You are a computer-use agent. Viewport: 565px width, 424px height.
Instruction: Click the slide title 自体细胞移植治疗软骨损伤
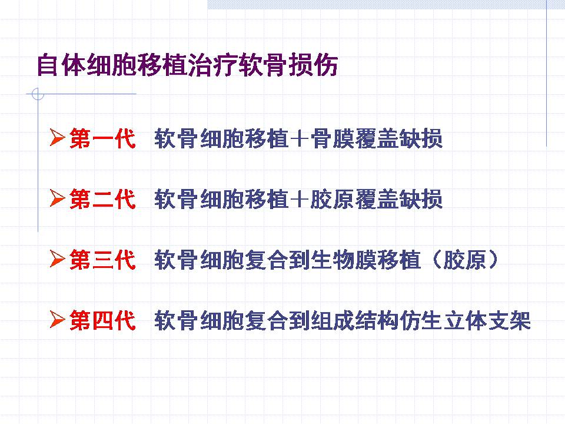pos(187,65)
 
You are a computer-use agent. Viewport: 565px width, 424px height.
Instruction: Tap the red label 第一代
pos(102,138)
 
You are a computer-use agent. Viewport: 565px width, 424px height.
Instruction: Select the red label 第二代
pos(102,199)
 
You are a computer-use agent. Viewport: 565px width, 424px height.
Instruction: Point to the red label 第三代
pos(102,260)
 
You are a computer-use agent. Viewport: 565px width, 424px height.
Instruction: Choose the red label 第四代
pos(102,320)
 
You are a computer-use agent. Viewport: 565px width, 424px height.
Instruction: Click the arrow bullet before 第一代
pos(57,137)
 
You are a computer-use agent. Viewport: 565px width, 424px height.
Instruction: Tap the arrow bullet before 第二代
pos(57,198)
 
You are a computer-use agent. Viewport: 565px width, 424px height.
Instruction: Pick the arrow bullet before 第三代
pos(57,259)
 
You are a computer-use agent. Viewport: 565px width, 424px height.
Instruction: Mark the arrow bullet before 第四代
pos(57,319)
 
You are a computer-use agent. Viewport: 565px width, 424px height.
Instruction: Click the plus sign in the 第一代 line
pos(299,138)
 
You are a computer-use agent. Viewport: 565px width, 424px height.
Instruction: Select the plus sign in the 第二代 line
pos(299,199)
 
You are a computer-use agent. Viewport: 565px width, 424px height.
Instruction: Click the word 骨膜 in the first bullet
pos(332,138)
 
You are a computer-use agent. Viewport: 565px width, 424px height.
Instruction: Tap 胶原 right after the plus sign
pos(332,199)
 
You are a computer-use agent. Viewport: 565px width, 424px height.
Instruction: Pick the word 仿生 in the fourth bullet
pos(420,320)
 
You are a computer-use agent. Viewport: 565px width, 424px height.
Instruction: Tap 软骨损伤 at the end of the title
pos(288,65)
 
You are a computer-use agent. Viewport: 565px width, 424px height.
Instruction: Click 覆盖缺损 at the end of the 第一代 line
pos(398,138)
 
